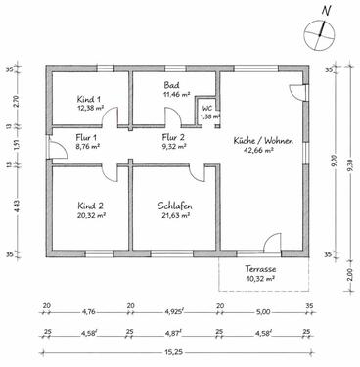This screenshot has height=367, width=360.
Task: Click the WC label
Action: (x=205, y=107)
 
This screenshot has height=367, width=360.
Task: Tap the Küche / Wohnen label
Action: (x=261, y=141)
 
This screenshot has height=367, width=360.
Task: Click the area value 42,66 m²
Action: (x=261, y=152)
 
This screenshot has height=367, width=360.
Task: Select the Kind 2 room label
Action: (x=89, y=206)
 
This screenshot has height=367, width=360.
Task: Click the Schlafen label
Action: (x=173, y=206)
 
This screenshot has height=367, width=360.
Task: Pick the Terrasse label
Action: (x=260, y=269)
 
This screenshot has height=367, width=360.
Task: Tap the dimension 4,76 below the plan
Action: (x=88, y=313)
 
